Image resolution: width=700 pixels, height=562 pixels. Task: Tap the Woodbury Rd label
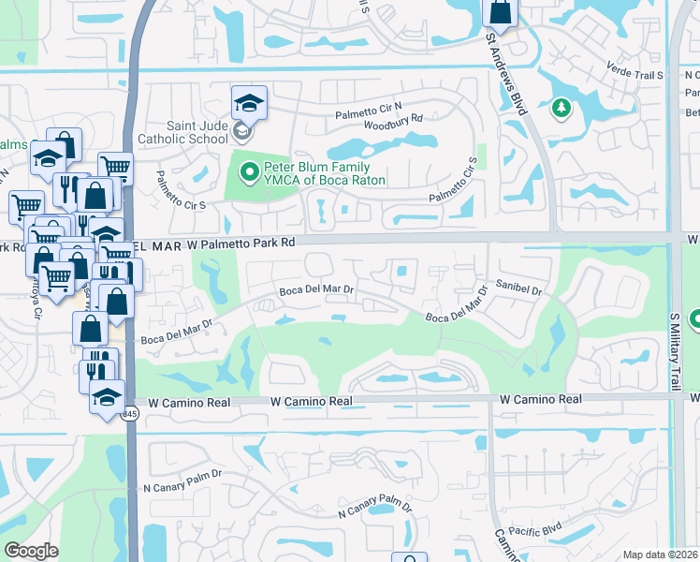coord(394,119)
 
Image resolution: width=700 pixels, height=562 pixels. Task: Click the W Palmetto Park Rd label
coord(241,243)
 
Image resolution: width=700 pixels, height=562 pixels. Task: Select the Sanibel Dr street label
coord(520,291)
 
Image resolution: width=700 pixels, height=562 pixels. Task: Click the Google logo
coord(32,551)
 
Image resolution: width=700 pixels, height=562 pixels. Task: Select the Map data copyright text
coord(660,555)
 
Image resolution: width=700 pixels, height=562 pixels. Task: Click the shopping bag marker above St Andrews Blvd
coord(500,13)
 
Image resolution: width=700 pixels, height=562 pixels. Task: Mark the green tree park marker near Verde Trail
coord(561,109)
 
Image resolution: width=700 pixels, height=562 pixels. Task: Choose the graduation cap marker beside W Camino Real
coord(108,396)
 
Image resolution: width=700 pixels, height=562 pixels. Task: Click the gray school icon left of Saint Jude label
coord(242,131)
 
